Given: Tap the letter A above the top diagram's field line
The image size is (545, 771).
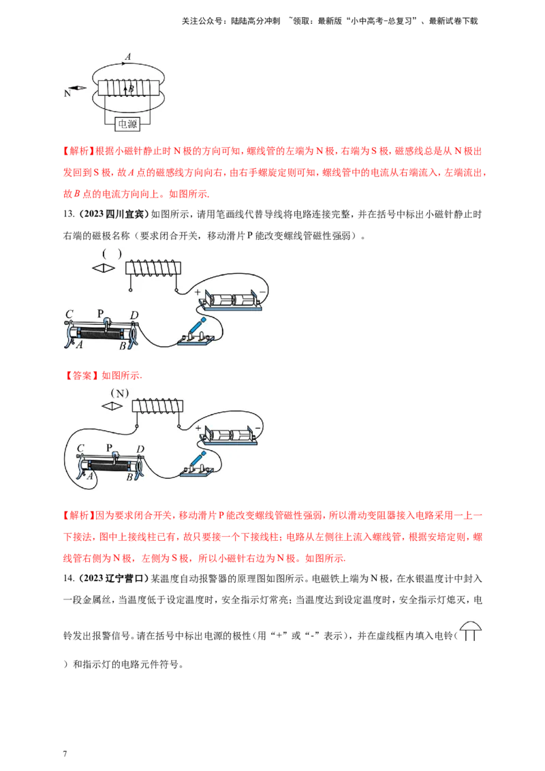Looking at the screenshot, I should tap(128, 57).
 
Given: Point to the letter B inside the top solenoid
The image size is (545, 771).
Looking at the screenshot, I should tap(131, 89).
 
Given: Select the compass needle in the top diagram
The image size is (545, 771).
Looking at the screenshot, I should tap(80, 88).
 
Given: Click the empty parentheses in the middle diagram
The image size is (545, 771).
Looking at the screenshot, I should tap(113, 254).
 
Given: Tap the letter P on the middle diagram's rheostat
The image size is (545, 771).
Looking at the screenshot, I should tap(100, 313).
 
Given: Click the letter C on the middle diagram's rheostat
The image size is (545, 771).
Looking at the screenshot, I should tap(69, 314).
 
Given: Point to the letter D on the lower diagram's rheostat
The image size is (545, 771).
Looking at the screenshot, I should tap(140, 448).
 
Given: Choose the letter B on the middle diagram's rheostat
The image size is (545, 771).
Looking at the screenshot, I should tap(123, 345).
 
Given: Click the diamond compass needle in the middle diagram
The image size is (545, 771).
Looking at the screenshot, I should tap(104, 268).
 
